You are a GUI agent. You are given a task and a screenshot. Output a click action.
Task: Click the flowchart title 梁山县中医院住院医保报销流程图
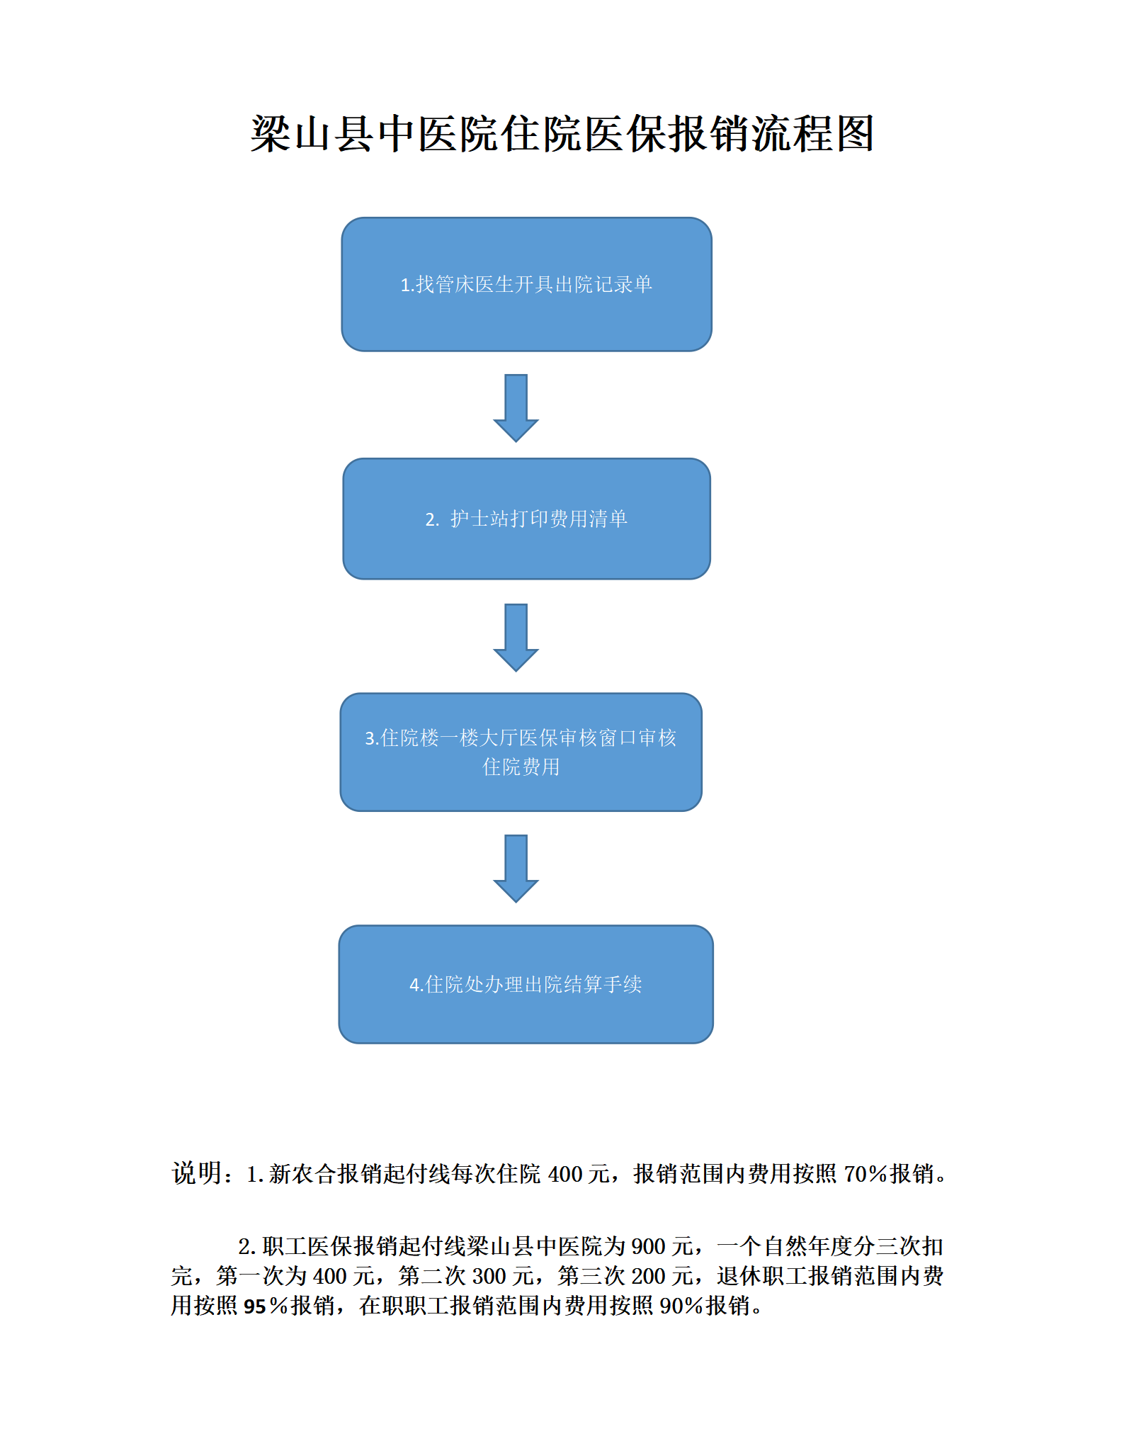(x=562, y=133)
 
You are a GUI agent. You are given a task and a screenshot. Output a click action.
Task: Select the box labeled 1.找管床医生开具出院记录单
(x=526, y=284)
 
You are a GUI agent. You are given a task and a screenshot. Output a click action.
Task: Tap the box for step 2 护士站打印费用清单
(x=526, y=519)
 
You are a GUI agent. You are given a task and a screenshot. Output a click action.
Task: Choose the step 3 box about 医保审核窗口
(x=521, y=752)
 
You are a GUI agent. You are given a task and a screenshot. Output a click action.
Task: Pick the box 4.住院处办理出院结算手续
(x=526, y=984)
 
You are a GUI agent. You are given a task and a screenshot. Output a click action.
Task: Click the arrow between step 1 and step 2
(x=516, y=408)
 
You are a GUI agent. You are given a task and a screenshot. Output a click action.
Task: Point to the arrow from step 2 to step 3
(x=516, y=638)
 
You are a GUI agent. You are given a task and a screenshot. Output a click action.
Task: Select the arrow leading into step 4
(x=516, y=869)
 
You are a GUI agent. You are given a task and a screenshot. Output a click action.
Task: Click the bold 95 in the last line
(x=255, y=1306)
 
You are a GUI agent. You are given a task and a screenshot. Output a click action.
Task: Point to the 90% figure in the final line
(x=682, y=1305)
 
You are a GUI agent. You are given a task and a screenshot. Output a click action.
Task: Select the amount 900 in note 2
(x=648, y=1246)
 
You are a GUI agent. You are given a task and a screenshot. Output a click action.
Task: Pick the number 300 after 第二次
(x=489, y=1276)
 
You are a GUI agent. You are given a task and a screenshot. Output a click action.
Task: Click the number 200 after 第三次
(x=649, y=1276)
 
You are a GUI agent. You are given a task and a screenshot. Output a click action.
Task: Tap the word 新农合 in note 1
(x=302, y=1174)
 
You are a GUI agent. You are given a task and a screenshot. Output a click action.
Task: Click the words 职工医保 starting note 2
(x=307, y=1246)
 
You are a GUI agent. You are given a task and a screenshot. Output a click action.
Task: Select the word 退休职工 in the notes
(x=761, y=1276)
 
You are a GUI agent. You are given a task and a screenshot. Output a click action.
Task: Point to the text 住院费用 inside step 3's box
(x=521, y=767)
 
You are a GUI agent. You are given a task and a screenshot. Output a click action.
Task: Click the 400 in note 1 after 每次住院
(x=565, y=1174)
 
